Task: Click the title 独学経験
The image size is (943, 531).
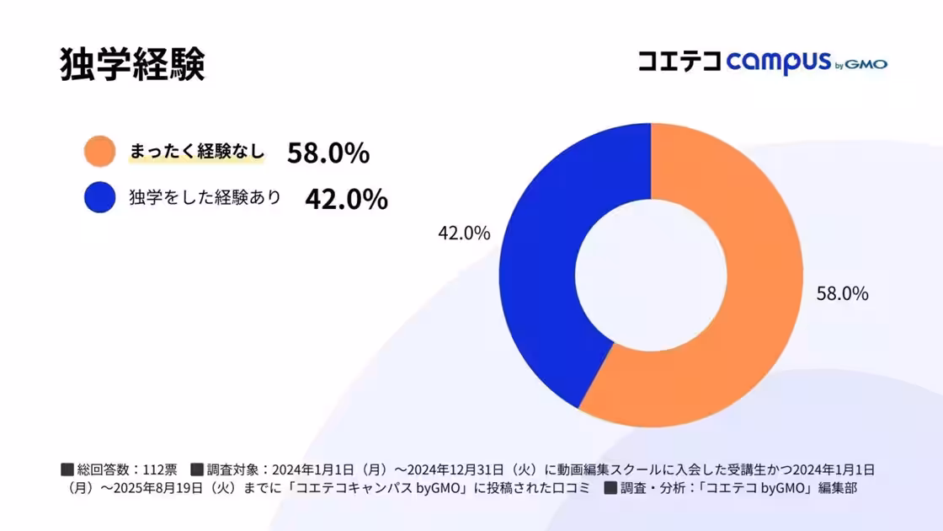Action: click(x=132, y=65)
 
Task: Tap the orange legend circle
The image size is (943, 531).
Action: click(x=99, y=152)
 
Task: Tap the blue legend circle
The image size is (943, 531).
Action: click(x=99, y=197)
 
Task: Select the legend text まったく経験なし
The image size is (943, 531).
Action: click(x=196, y=152)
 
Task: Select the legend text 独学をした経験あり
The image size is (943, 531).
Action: click(x=205, y=197)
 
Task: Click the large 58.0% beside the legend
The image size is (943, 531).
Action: click(x=328, y=153)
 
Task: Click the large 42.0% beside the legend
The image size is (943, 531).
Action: click(x=346, y=199)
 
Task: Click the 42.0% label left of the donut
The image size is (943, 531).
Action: click(x=463, y=233)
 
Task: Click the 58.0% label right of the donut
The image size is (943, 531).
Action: click(x=842, y=294)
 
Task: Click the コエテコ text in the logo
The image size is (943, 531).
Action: click(x=679, y=62)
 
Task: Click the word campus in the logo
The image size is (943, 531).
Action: click(x=778, y=63)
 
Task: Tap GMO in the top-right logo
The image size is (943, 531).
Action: click(x=866, y=64)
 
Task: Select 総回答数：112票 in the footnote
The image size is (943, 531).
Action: click(x=126, y=469)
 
